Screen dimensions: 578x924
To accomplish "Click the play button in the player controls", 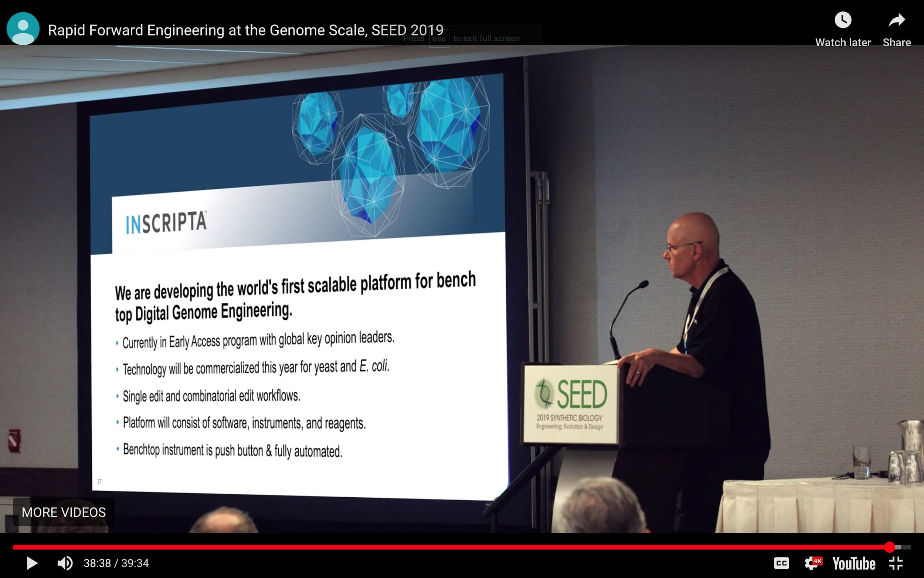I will pyautogui.click(x=32, y=563).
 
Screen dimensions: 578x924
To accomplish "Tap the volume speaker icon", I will pyautogui.click(x=65, y=563).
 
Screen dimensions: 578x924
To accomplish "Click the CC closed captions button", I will pyautogui.click(x=781, y=563).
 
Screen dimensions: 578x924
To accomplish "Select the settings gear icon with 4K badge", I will pyautogui.click(x=812, y=563).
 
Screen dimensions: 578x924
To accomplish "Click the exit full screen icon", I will pyautogui.click(x=896, y=563).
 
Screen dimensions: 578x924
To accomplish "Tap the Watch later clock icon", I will pyautogui.click(x=843, y=20).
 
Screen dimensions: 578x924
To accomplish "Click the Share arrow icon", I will pyautogui.click(x=897, y=20).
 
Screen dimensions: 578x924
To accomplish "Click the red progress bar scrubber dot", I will pyautogui.click(x=890, y=547).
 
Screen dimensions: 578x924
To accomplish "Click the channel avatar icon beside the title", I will pyautogui.click(x=23, y=28).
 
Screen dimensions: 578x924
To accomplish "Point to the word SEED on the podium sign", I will pyautogui.click(x=581, y=394).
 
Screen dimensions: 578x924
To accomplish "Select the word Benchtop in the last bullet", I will pyautogui.click(x=141, y=450).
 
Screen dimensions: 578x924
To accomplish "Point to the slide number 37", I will pyautogui.click(x=99, y=481).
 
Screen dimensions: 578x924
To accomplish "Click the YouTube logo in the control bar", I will pyautogui.click(x=854, y=564).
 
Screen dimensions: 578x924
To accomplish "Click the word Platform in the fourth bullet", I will pyautogui.click(x=139, y=423).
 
